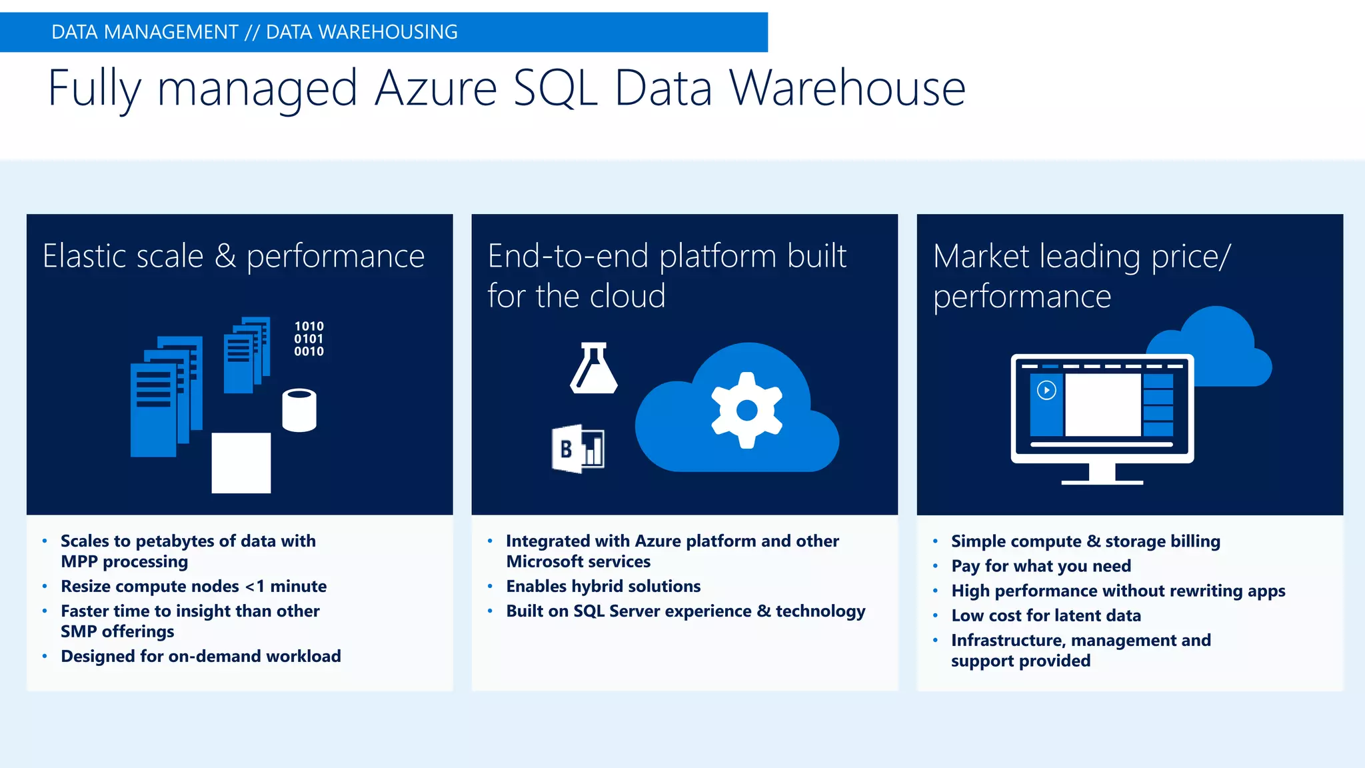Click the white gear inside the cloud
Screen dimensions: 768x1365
[x=746, y=410]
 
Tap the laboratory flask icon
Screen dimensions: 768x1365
[x=593, y=369]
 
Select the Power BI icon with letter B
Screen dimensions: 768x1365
[x=577, y=449]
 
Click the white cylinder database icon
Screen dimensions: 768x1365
[x=299, y=411]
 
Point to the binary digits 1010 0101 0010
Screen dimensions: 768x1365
[x=309, y=339]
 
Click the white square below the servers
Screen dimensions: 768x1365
[x=241, y=463]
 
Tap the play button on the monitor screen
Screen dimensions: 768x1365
[x=1046, y=390]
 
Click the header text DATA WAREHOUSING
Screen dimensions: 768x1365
[x=361, y=32]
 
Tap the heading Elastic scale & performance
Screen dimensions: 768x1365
[x=233, y=256]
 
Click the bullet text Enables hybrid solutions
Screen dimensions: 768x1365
[x=603, y=586]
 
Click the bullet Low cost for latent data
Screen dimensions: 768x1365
[x=1046, y=615]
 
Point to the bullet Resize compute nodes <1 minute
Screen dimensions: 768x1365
[x=193, y=586]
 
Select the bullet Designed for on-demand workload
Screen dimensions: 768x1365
[x=201, y=656]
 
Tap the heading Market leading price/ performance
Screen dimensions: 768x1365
[x=1081, y=275]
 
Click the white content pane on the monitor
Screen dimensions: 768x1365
[x=1102, y=405]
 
